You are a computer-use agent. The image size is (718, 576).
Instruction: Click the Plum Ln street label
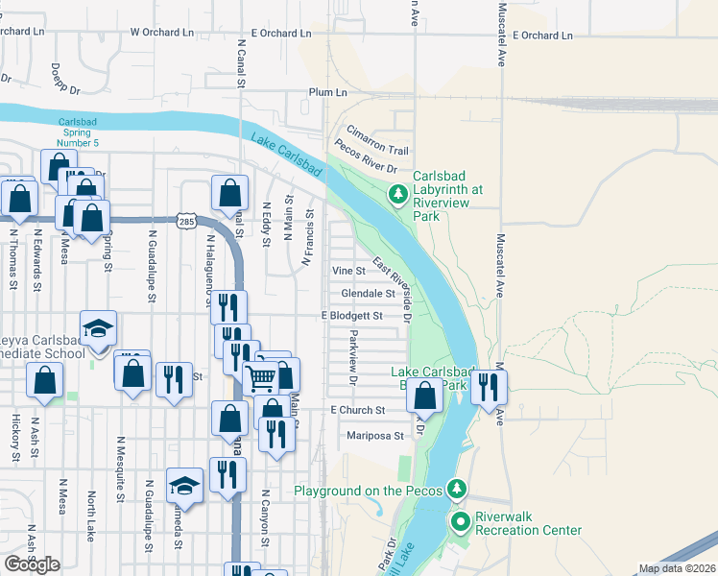tap(327, 92)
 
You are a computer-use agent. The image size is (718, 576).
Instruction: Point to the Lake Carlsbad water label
tap(286, 154)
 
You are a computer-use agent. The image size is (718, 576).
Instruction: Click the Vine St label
tap(348, 272)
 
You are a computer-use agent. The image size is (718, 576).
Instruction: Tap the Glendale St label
tap(368, 294)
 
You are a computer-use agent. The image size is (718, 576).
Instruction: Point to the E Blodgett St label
tap(352, 316)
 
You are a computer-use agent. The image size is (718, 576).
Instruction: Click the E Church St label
tap(357, 410)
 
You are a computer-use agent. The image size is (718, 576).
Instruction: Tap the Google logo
tap(32, 564)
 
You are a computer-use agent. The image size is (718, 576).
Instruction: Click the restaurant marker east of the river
tap(489, 386)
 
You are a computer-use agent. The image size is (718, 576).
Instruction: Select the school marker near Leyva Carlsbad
tap(98, 329)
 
